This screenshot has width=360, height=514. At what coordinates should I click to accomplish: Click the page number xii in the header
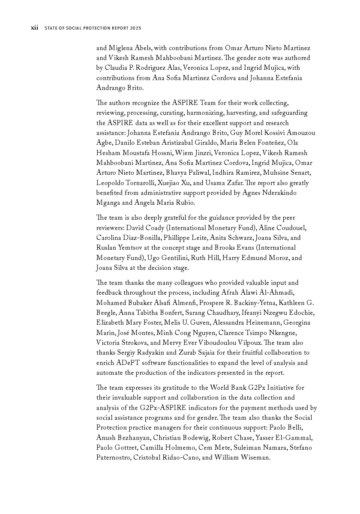coord(34,28)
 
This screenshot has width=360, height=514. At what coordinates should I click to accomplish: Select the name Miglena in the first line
coord(121,48)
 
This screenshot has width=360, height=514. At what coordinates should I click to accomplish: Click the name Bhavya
coord(180,173)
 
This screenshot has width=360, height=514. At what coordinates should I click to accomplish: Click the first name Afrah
coord(230,293)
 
